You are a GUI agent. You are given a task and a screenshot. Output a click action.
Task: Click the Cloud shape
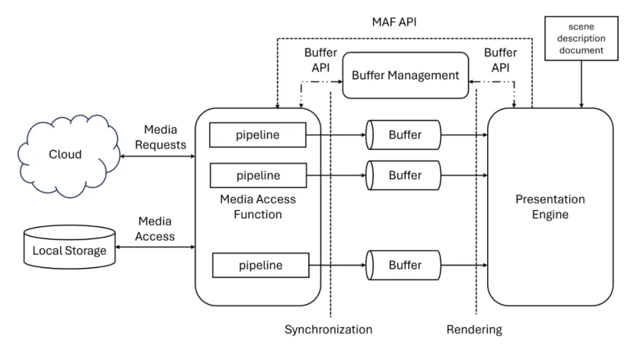(x=65, y=155)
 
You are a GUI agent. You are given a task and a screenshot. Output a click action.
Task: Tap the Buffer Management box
(x=406, y=75)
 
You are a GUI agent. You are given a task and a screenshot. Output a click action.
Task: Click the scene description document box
(x=582, y=39)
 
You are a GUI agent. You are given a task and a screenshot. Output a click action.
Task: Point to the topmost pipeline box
(x=258, y=135)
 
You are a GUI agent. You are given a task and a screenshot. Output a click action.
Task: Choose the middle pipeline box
(x=258, y=175)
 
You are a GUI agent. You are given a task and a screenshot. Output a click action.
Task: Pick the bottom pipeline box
(x=261, y=265)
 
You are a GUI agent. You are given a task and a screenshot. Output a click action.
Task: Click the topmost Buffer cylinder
(x=404, y=135)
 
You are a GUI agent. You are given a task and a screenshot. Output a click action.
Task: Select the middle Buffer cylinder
(x=404, y=175)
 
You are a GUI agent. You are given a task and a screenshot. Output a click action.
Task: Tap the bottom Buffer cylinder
(x=404, y=265)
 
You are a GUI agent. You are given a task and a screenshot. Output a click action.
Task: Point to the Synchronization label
(x=329, y=329)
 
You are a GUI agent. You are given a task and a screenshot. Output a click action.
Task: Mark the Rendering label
(x=474, y=329)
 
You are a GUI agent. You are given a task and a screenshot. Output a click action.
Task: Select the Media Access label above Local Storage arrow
(x=156, y=229)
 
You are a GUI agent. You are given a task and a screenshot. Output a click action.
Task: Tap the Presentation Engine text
(x=550, y=207)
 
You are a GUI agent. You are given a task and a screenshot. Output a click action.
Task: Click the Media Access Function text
(x=258, y=207)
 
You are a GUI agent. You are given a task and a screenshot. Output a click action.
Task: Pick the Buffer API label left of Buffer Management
(x=320, y=60)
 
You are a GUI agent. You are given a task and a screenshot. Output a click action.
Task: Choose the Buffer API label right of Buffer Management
(x=500, y=60)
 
